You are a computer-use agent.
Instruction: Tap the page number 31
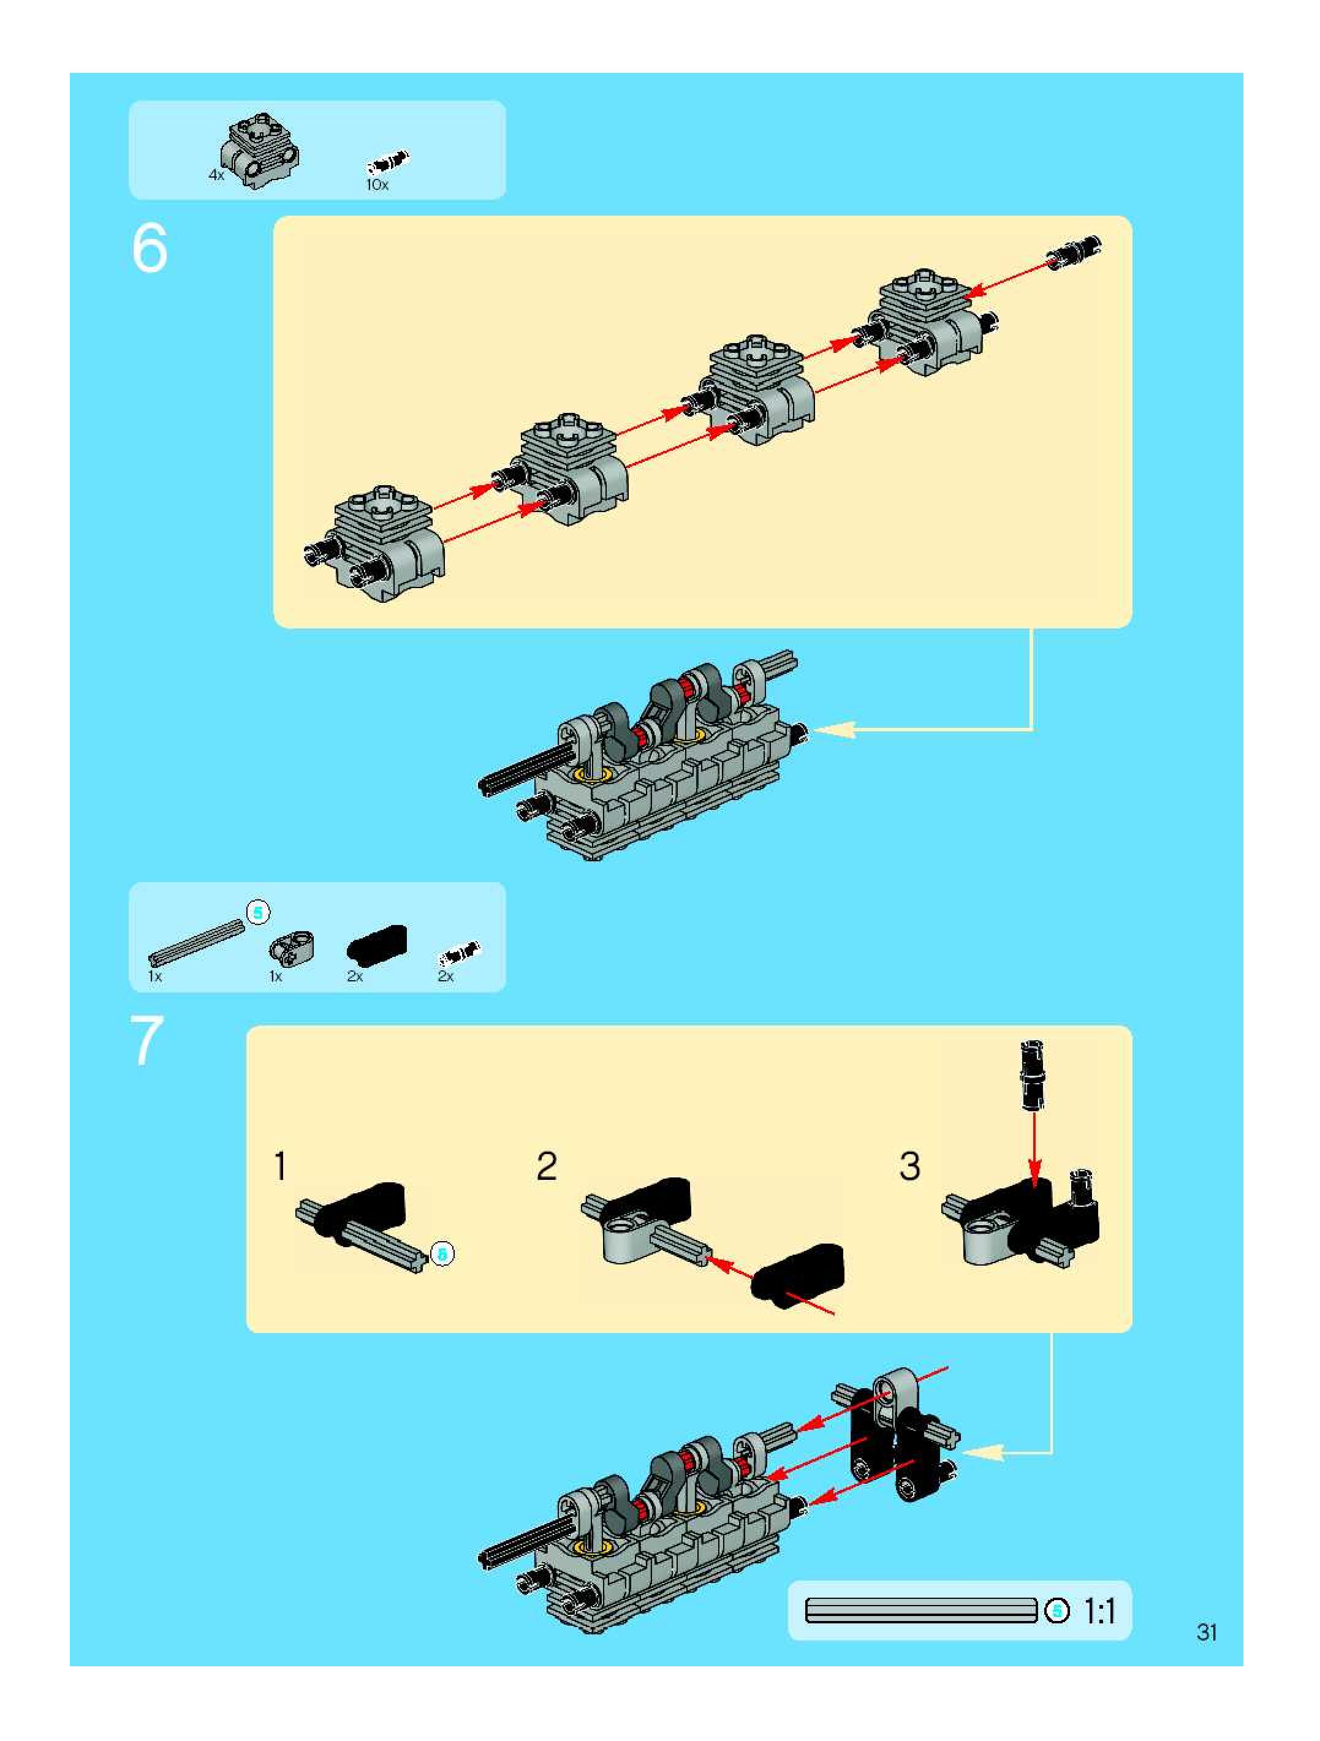point(1207,1633)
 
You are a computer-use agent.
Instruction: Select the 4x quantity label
point(216,176)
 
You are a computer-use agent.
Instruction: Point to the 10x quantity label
point(377,185)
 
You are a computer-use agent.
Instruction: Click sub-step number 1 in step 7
point(279,1166)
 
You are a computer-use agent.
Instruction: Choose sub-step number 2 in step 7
point(546,1166)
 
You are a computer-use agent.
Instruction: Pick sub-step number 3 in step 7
point(909,1166)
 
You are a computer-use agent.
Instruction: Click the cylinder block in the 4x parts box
point(260,149)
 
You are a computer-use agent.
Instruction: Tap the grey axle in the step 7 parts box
point(196,943)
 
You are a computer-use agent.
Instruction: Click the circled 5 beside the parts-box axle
point(258,912)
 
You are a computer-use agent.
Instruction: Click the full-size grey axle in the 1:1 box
point(921,1611)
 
